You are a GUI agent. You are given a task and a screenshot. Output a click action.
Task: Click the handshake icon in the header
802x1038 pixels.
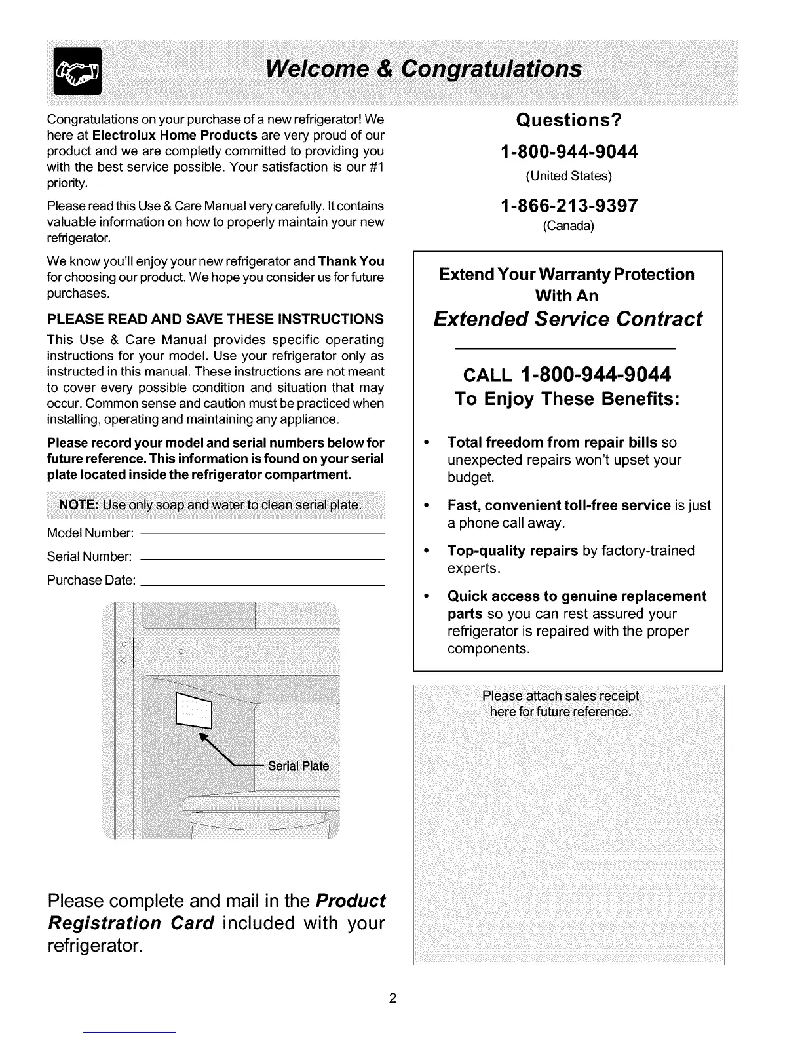[x=78, y=71]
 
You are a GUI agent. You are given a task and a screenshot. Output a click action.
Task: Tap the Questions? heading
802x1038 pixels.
[x=568, y=121]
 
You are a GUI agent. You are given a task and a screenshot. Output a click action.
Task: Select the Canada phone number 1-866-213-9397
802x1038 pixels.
[x=568, y=206]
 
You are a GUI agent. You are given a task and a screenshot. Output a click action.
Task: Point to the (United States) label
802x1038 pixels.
[x=568, y=176]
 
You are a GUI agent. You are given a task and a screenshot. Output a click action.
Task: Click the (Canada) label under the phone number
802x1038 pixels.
[x=568, y=227]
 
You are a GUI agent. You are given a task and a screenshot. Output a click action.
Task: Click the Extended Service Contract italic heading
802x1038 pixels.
[x=567, y=319]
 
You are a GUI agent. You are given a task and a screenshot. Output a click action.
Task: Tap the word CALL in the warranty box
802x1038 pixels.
[x=488, y=376]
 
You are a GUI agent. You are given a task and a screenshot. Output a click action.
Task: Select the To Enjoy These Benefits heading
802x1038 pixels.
[x=567, y=400]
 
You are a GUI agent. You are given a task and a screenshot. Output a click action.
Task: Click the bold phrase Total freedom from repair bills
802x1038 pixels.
[x=552, y=442]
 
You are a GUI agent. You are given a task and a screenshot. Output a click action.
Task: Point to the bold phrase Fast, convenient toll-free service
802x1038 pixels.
[x=559, y=506]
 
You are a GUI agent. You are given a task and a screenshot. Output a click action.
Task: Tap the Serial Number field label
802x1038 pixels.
[x=90, y=558]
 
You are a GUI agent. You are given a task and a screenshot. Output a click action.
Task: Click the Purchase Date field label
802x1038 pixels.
[x=92, y=581]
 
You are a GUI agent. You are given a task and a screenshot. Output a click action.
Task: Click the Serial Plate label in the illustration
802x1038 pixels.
[x=299, y=767]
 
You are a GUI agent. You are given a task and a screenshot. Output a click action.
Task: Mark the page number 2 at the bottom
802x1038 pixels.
[x=392, y=999]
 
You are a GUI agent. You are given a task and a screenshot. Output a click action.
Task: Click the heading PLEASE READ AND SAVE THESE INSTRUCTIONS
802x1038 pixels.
[x=216, y=319]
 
